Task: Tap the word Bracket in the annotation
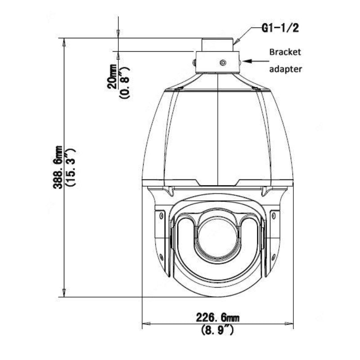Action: [x=284, y=52]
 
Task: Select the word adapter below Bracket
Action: [x=285, y=69]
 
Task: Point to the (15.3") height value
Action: [x=70, y=167]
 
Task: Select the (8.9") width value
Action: [x=217, y=330]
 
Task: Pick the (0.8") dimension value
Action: [x=125, y=82]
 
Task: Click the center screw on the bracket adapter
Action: [x=222, y=63]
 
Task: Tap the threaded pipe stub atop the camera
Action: [x=218, y=45]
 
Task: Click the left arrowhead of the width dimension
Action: [x=146, y=323]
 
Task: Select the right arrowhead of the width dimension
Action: [x=291, y=323]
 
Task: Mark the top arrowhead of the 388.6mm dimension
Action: [x=64, y=42]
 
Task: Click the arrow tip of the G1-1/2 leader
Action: [x=235, y=44]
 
